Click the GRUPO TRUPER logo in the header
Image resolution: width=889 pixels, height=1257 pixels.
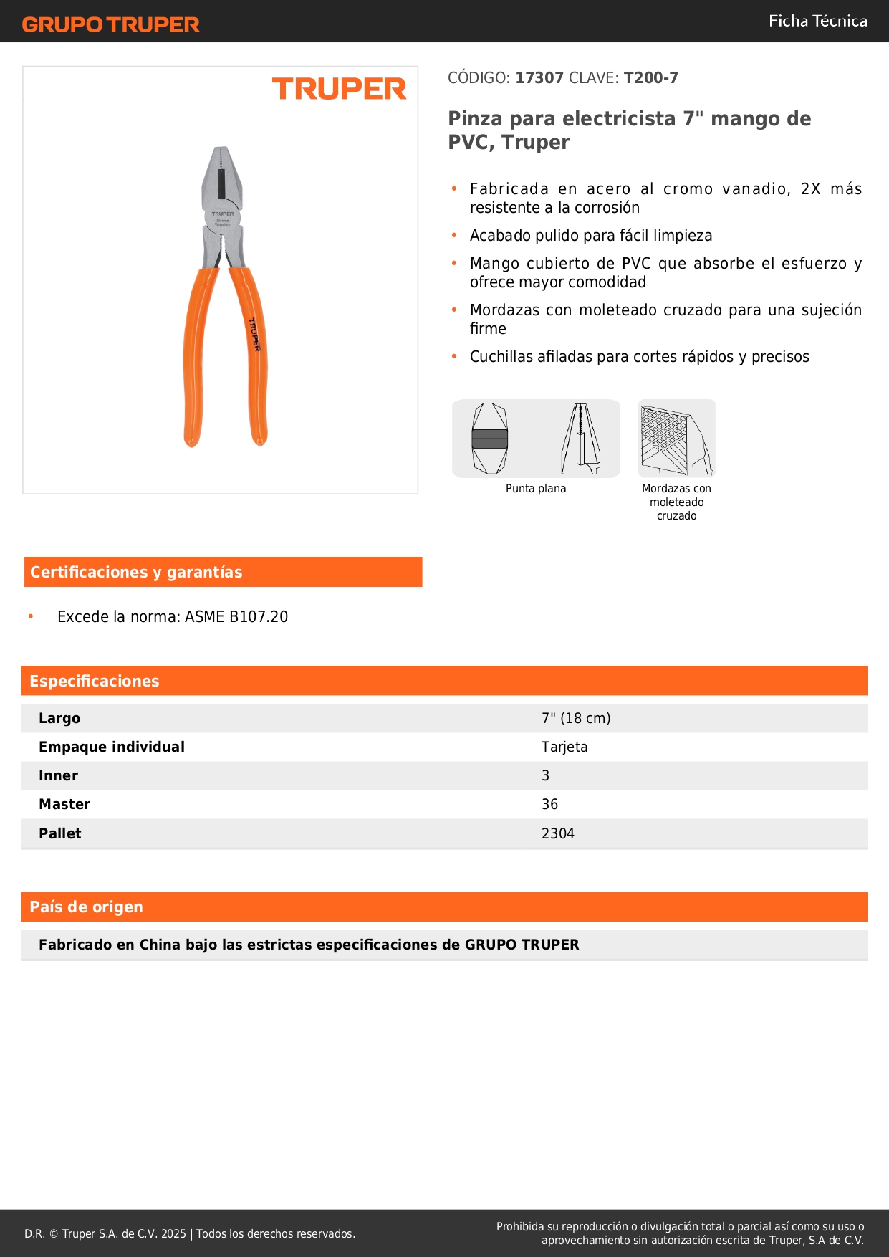(x=110, y=24)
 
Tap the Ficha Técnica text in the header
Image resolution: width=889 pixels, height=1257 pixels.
(x=817, y=21)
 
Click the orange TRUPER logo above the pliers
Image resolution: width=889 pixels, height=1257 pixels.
(x=339, y=90)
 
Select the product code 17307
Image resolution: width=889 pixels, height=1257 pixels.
(x=539, y=78)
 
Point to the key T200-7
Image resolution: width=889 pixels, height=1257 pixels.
(x=650, y=78)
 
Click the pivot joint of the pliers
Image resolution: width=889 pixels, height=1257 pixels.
(x=222, y=218)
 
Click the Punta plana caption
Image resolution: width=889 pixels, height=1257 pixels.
(x=536, y=489)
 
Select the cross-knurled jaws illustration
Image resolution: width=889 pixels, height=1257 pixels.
(x=676, y=439)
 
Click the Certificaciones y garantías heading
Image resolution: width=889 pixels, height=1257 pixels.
(x=136, y=573)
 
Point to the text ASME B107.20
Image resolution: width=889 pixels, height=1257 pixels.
(x=236, y=617)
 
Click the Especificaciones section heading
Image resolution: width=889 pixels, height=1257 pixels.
(x=95, y=682)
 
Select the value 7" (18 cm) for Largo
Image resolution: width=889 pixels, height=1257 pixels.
(x=576, y=719)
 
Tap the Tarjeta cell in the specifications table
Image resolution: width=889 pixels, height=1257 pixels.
(x=564, y=747)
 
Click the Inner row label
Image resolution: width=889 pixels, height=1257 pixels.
(x=59, y=776)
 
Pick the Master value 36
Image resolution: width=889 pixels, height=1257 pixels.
(x=549, y=805)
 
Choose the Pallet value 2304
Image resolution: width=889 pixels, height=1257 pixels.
(x=558, y=834)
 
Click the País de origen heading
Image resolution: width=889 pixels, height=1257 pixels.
(x=86, y=907)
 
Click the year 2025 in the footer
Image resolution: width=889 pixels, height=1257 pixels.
(x=173, y=1234)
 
